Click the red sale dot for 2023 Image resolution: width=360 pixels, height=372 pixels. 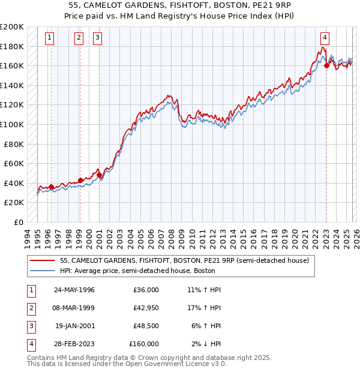click(x=326, y=66)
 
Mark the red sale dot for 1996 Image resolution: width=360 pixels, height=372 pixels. click(x=52, y=187)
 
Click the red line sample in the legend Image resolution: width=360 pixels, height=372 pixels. click(x=42, y=260)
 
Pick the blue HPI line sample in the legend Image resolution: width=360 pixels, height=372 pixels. click(x=42, y=271)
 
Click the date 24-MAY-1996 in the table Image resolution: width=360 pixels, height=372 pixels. click(x=74, y=290)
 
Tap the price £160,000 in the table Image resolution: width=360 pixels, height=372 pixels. click(x=144, y=344)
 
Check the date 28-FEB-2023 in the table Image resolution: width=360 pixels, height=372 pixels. click(x=74, y=344)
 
